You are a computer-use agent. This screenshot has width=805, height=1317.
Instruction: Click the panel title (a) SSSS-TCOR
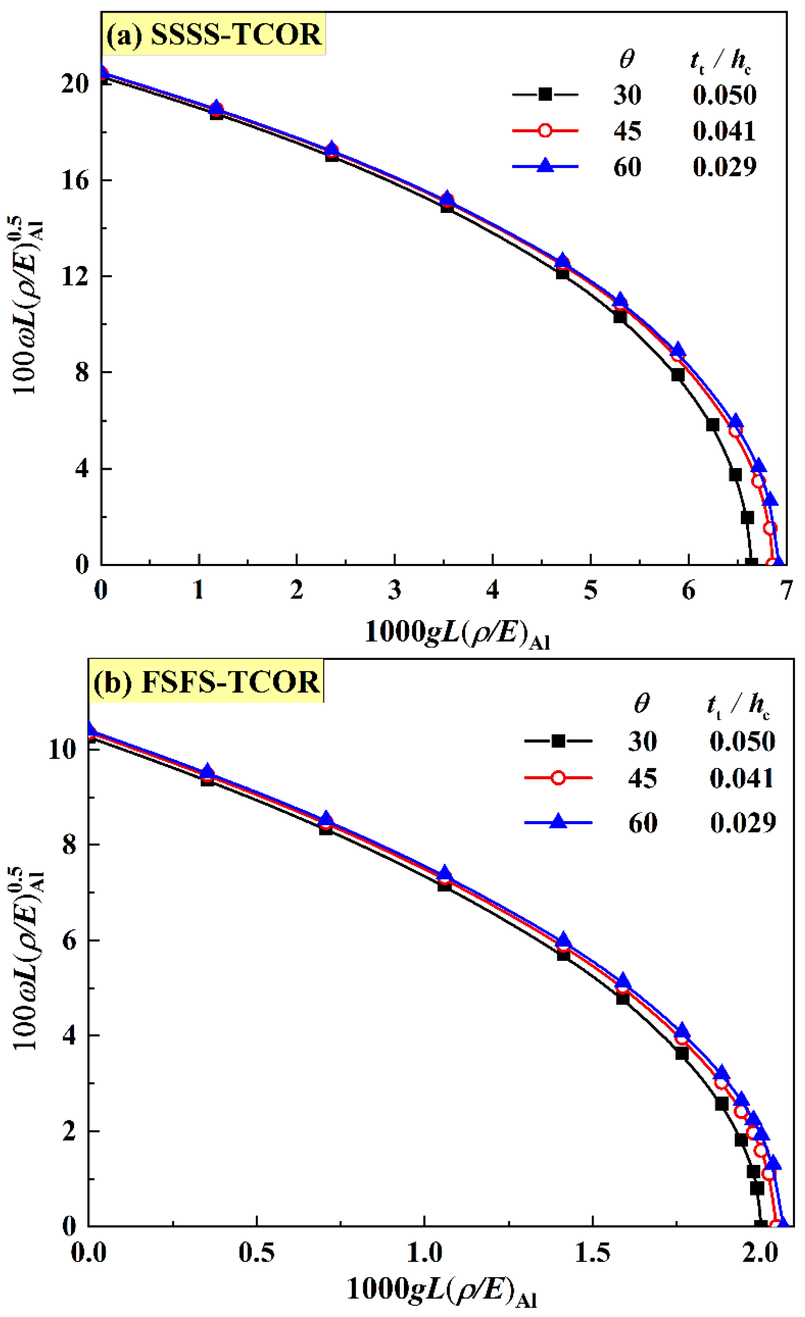coord(213,34)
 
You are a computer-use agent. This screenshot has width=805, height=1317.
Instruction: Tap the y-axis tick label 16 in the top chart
coord(75,181)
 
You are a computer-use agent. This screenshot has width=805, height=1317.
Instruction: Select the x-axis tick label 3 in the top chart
coord(395,590)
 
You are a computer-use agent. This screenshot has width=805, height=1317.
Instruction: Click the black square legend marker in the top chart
coord(545,95)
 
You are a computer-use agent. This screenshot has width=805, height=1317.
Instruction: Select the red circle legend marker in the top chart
coord(545,131)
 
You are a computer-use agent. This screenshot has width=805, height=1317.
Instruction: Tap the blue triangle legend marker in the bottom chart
coord(558,822)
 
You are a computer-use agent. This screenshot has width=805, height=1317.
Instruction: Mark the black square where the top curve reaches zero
coord(751,563)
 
